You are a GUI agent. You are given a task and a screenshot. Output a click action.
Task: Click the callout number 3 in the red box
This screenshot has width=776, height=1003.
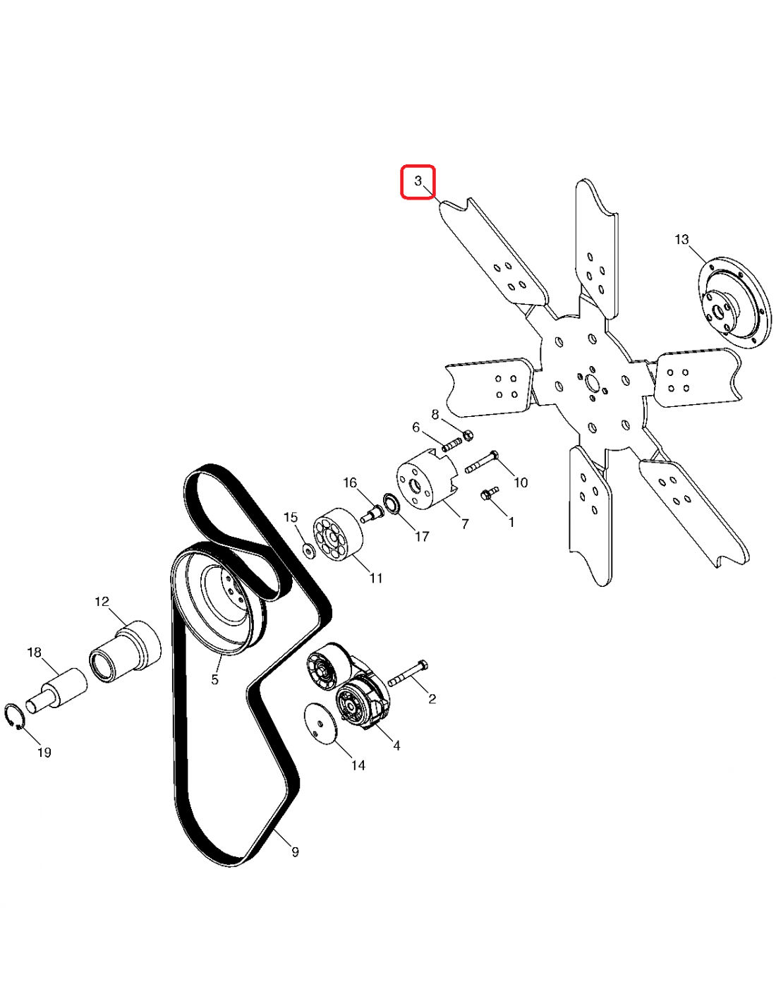[x=418, y=181]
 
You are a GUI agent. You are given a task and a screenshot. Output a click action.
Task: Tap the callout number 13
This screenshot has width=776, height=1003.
[x=681, y=240]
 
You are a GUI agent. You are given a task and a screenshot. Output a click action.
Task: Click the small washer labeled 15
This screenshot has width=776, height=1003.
[x=308, y=549]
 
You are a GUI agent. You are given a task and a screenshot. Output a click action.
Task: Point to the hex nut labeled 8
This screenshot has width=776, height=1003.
[x=467, y=434]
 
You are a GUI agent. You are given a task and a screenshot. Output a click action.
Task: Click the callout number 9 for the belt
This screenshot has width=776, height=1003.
[x=295, y=851]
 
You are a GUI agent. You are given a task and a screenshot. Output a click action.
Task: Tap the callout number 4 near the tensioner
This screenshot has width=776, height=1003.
[x=396, y=745]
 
